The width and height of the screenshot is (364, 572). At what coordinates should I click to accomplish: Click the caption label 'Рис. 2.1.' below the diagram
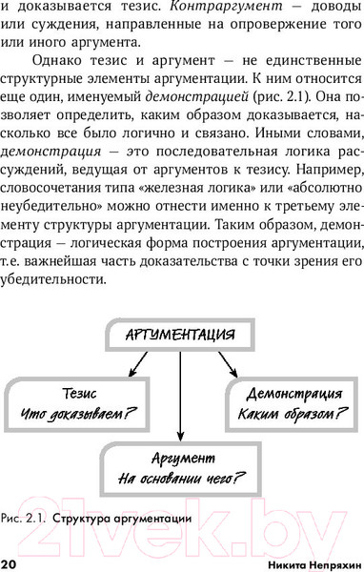[x=27, y=520]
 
